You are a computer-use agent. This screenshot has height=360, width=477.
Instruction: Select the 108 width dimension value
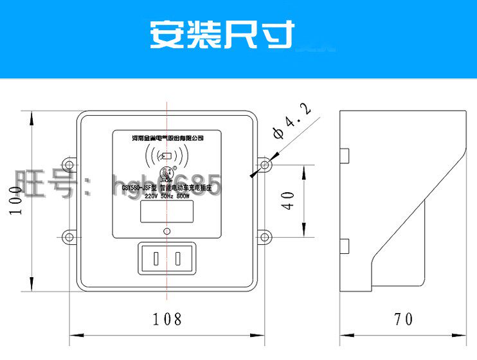coord(167,318)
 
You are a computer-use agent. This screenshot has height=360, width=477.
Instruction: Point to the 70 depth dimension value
coord(403,318)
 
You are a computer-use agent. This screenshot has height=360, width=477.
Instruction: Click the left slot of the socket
coord(156,260)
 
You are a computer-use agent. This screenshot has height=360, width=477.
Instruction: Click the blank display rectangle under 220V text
coord(166,213)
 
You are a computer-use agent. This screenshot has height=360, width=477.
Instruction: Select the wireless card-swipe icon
coord(167,156)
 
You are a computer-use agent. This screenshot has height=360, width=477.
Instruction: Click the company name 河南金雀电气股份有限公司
coord(167,138)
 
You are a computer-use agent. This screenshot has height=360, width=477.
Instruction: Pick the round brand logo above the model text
coord(167,173)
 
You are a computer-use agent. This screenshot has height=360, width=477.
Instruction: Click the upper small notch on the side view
coord(345,156)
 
